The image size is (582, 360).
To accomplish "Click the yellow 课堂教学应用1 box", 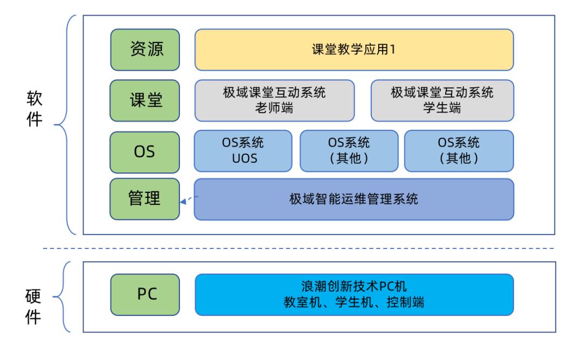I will (x=354, y=50).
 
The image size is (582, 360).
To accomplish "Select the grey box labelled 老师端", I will (x=274, y=101).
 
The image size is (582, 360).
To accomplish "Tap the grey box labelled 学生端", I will (x=442, y=101).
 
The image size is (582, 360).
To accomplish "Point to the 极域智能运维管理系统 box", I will (x=354, y=199).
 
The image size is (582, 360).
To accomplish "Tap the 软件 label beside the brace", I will (x=34, y=108).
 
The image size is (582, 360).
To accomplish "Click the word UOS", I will (x=243, y=160).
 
